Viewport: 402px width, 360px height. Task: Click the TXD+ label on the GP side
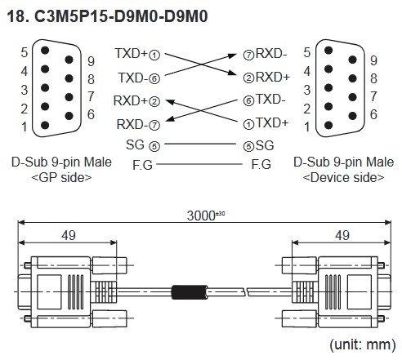click(131, 54)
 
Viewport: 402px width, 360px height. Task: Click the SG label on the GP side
click(135, 145)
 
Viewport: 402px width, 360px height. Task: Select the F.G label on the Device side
click(261, 164)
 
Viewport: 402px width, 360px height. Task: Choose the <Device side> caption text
click(343, 176)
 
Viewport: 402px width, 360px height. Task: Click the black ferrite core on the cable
click(189, 291)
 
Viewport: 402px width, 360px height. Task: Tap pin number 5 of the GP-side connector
click(25, 52)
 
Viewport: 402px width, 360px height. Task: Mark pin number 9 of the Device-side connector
click(373, 60)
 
